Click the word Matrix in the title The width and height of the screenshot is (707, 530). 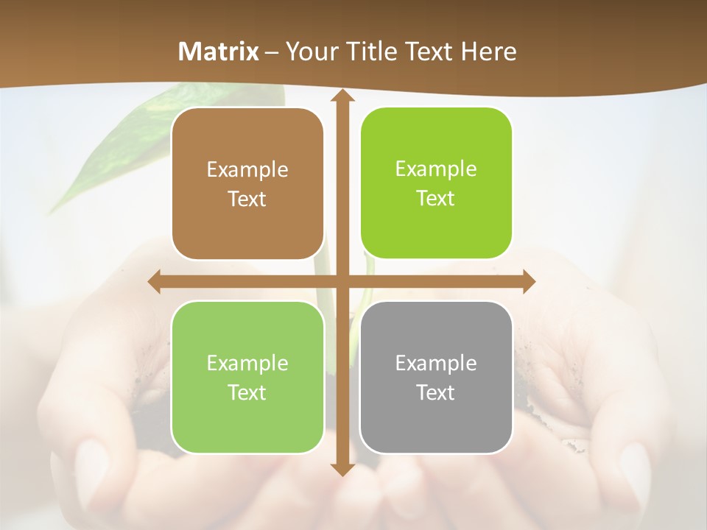[x=219, y=52]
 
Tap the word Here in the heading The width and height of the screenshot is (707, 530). [x=488, y=52]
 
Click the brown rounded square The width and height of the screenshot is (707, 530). [x=247, y=184]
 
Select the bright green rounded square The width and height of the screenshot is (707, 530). [x=436, y=183]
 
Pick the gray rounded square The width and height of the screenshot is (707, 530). [x=436, y=378]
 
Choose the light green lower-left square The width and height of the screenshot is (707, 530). [x=247, y=378]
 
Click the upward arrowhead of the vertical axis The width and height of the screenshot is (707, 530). [x=342, y=96]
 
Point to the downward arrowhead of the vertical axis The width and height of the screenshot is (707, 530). [x=342, y=468]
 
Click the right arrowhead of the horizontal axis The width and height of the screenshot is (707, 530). [x=529, y=281]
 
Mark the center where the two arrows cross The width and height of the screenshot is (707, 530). [x=342, y=281]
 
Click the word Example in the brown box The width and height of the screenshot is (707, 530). [x=247, y=169]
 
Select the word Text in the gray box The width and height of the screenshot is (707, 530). [x=436, y=392]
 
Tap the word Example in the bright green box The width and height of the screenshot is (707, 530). [x=436, y=169]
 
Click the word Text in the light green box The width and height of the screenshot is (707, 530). [x=247, y=392]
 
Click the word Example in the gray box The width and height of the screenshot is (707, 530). [x=436, y=363]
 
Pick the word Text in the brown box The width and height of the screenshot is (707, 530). [x=247, y=199]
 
